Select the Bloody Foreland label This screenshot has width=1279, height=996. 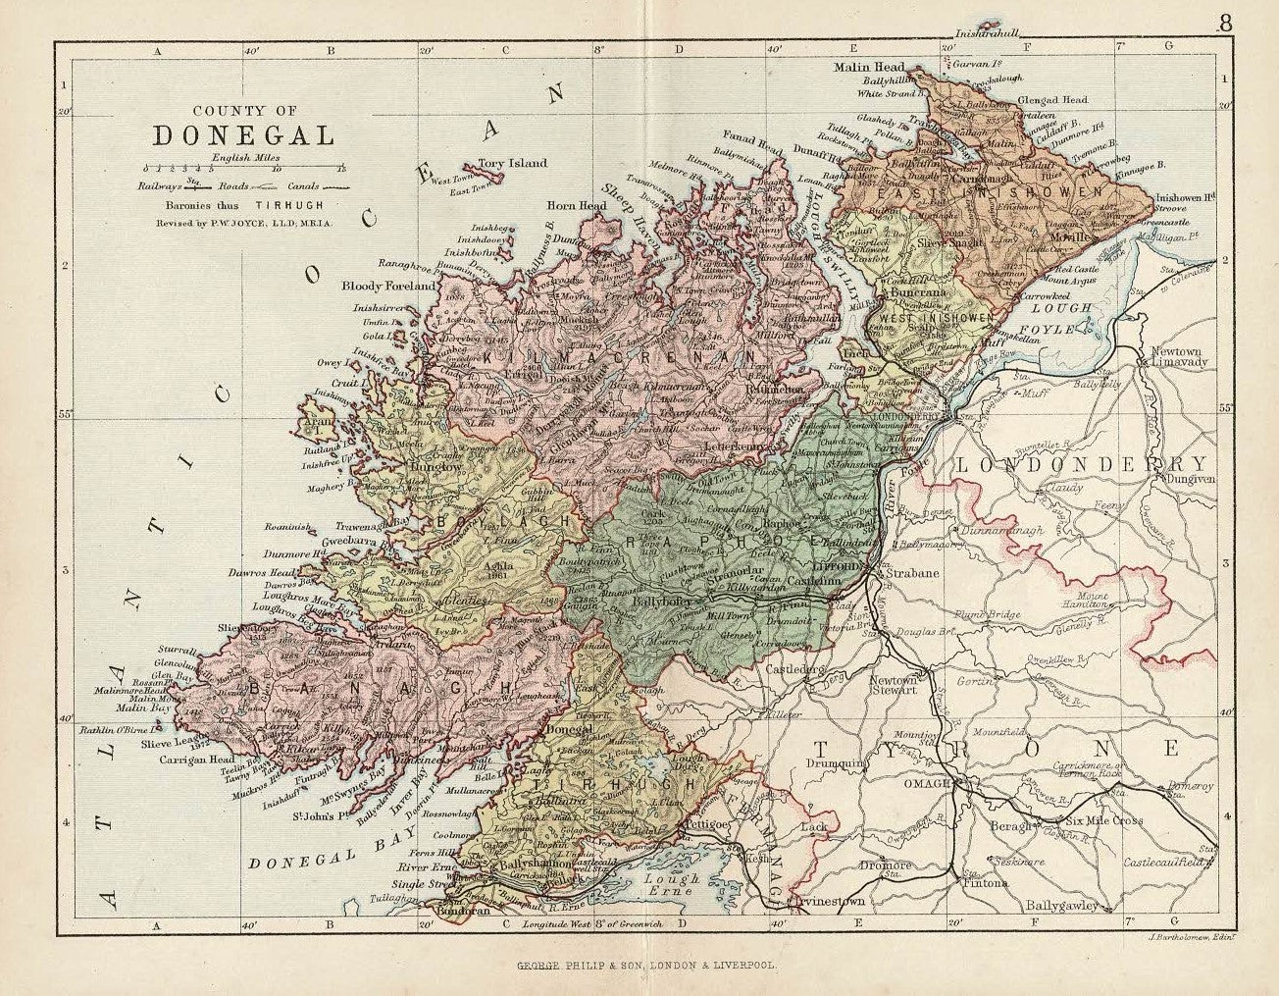387,287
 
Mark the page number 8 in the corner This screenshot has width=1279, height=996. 1225,24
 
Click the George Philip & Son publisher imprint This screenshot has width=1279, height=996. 647,965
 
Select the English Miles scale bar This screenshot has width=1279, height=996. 244,168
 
